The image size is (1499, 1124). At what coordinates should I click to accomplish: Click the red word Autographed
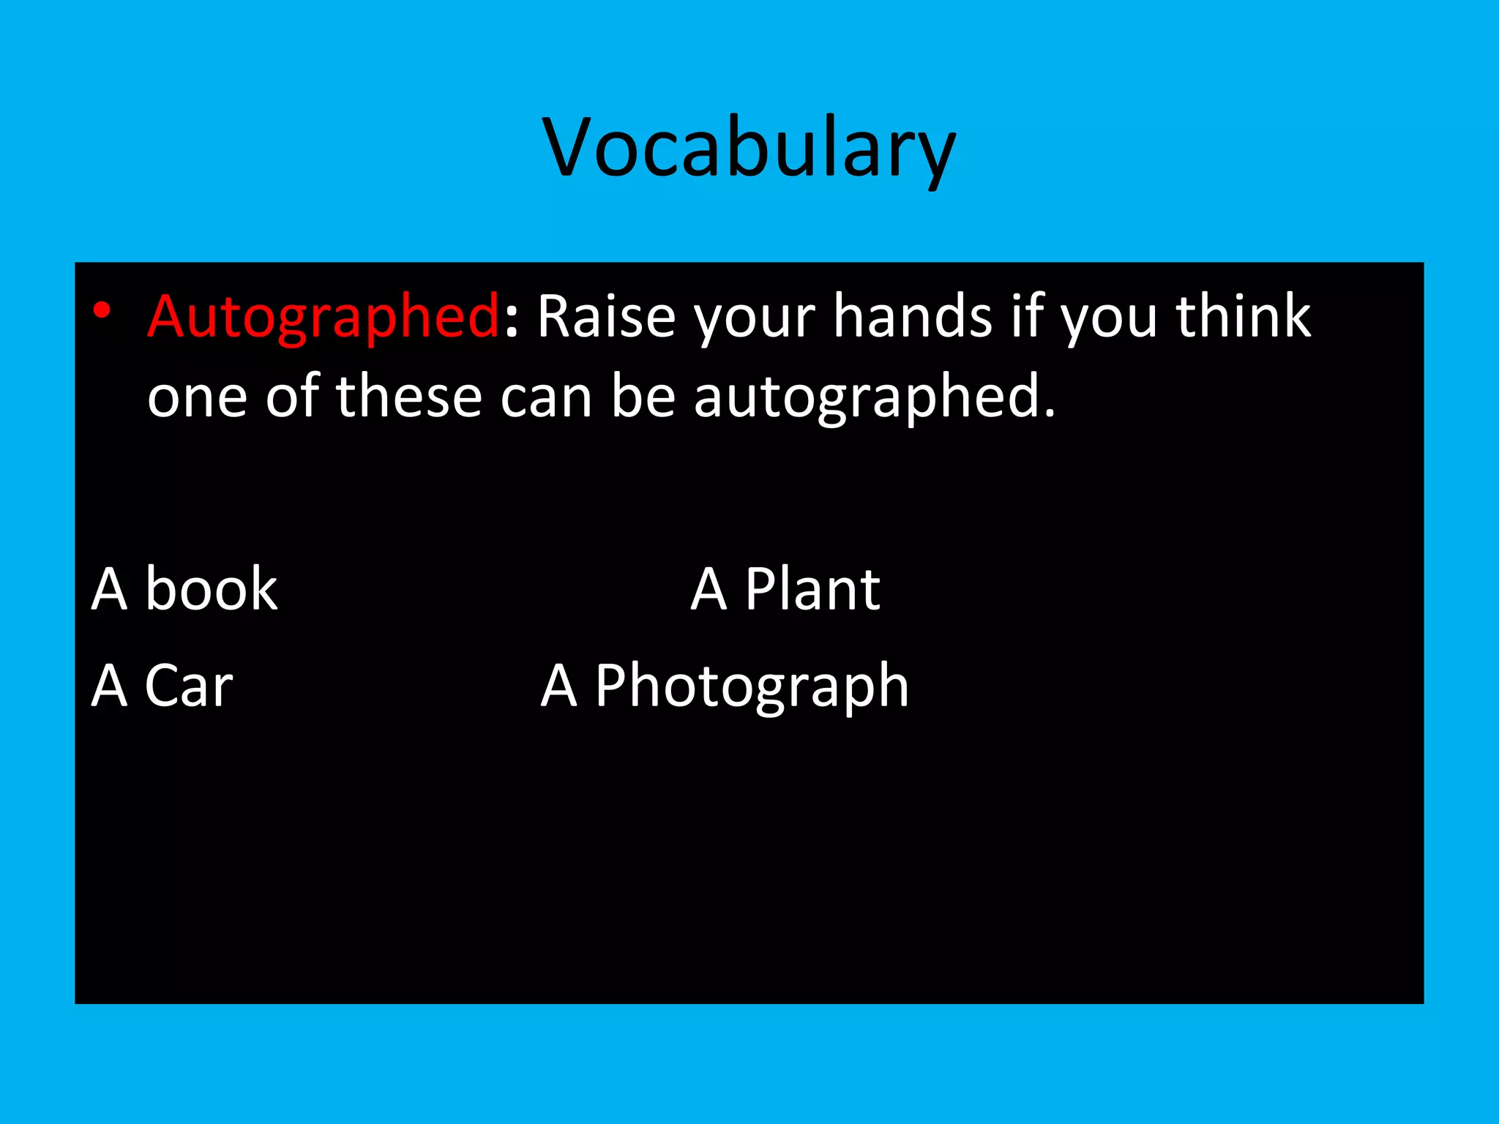[x=323, y=317]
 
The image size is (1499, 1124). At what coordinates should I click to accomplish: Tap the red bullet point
[x=102, y=311]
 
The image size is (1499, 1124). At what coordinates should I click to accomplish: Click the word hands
[x=913, y=317]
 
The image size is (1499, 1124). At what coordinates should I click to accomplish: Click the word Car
[x=189, y=686]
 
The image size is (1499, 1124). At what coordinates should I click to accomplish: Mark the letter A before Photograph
[x=559, y=686]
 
